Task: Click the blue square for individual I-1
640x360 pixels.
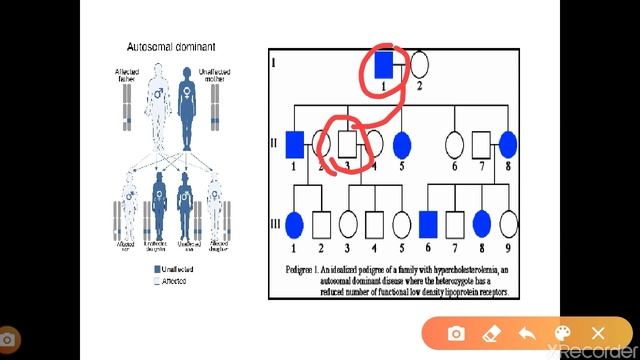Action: (382, 66)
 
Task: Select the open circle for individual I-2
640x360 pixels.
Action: (419, 66)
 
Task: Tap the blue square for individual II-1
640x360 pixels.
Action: (294, 146)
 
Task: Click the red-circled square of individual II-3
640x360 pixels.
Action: (347, 146)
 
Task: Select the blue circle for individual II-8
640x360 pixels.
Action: (509, 146)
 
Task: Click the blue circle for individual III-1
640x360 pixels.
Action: (295, 224)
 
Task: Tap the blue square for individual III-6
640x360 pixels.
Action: (428, 224)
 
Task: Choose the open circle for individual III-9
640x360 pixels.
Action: (509, 224)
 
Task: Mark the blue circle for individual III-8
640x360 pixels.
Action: (482, 224)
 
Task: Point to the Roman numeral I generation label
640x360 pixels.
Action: (274, 62)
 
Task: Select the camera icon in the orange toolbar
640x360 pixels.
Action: (456, 333)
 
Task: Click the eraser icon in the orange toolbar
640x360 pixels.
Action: (491, 333)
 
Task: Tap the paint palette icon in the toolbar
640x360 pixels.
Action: (562, 333)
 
